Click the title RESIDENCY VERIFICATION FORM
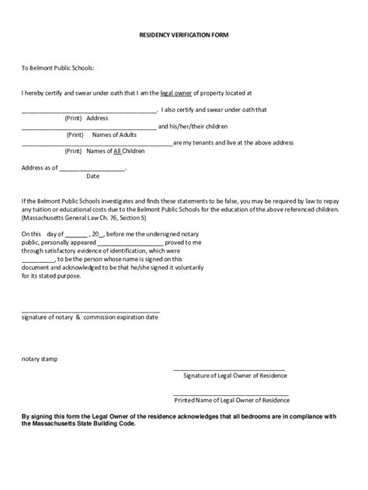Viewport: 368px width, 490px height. [x=184, y=36]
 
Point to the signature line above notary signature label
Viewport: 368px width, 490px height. [x=90, y=310]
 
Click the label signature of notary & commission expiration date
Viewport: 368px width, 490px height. [x=90, y=317]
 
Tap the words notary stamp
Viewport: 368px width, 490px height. [x=39, y=359]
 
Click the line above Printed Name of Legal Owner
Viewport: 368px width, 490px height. [x=231, y=394]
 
